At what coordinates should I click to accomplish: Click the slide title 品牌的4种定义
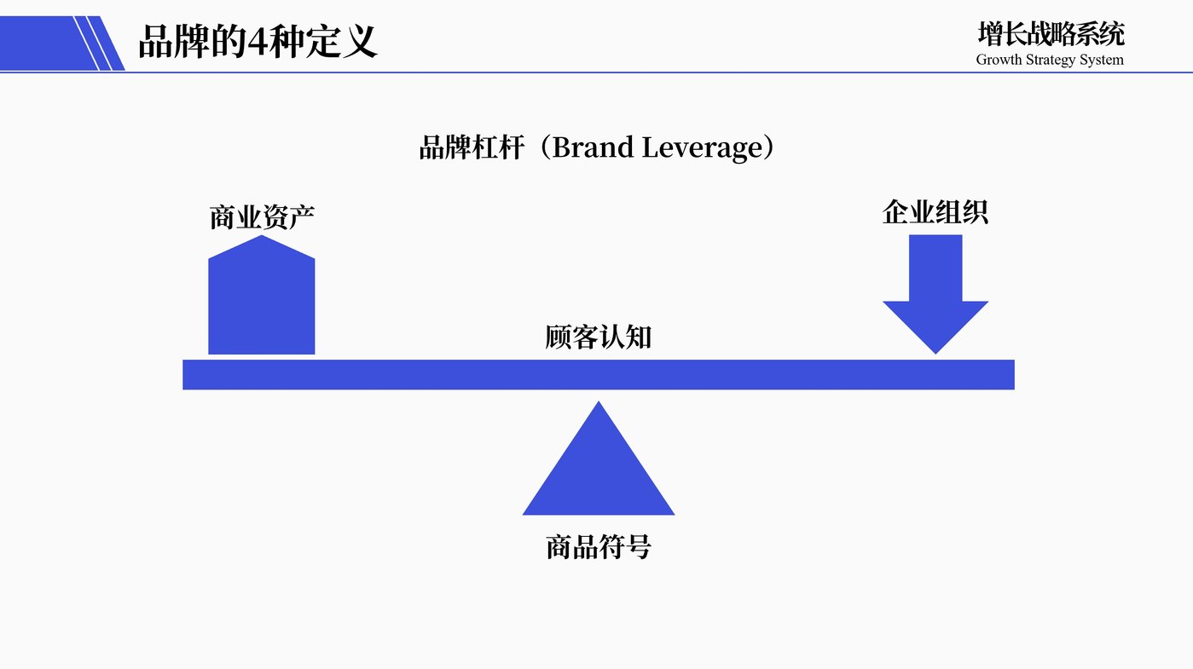pos(258,41)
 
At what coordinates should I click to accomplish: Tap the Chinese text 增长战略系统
pos(1051,34)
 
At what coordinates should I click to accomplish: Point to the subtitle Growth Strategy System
pos(1050,60)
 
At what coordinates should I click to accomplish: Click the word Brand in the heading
pos(594,148)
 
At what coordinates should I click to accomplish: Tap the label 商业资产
pos(262,217)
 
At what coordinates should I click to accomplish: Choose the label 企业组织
pos(935,212)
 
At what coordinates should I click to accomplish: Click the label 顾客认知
pos(598,337)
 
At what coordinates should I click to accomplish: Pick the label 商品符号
pos(598,546)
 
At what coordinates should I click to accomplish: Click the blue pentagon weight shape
pos(262,303)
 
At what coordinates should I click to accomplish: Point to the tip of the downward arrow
pos(935,351)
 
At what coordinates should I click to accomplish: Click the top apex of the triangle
pos(599,404)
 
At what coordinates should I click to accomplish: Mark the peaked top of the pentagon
pos(262,239)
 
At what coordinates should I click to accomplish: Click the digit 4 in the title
pos(258,42)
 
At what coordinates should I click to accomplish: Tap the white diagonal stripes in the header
pos(94,43)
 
